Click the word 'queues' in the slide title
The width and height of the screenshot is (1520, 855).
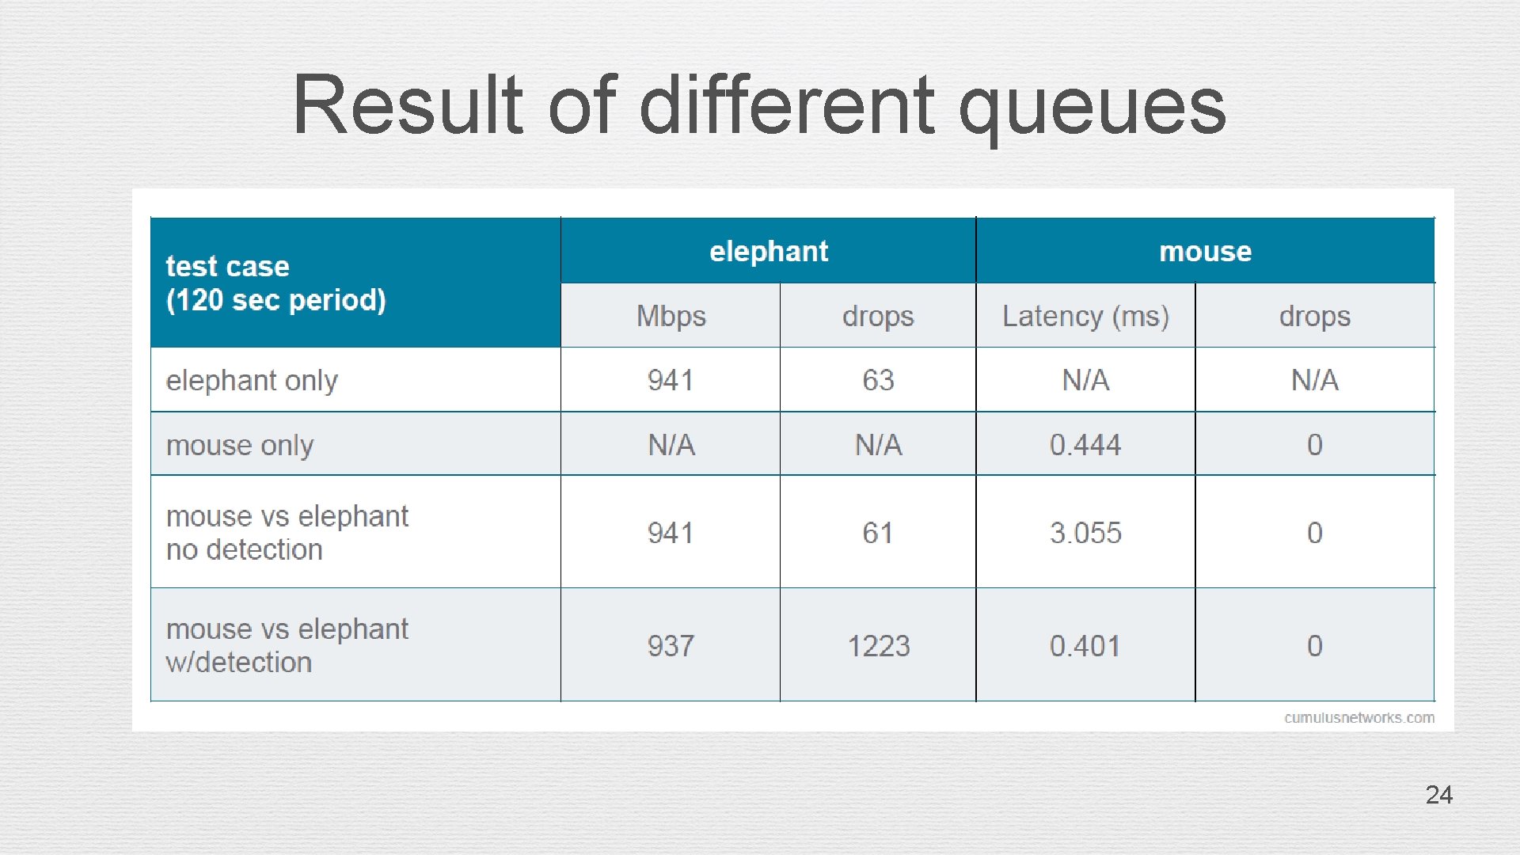tap(1092, 107)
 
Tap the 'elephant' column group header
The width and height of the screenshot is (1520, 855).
tap(768, 251)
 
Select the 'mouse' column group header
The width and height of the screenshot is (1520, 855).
tap(1205, 251)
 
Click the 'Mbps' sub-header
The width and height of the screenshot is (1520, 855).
tap(671, 316)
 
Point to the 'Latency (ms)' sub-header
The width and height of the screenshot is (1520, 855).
tap(1085, 316)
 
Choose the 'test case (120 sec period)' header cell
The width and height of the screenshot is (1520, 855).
tap(275, 283)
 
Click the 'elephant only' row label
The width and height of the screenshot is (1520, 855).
tap(252, 381)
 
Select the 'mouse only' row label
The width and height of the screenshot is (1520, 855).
tap(240, 445)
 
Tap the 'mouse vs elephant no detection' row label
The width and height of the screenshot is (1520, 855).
tap(287, 533)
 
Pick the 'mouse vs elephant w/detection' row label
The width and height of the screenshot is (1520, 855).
tap(287, 645)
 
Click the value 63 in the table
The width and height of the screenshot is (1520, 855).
tap(878, 381)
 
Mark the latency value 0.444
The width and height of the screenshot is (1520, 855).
tap(1085, 445)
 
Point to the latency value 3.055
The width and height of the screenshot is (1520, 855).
tap(1085, 533)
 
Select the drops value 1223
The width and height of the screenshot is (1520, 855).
tap(878, 646)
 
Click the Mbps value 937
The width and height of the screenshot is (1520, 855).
tap(671, 646)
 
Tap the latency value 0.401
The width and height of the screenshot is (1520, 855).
tap(1085, 646)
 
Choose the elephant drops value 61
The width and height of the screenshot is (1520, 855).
tap(878, 533)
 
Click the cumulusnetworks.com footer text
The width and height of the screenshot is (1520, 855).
tap(1358, 718)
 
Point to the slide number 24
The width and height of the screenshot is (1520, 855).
tap(1438, 795)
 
